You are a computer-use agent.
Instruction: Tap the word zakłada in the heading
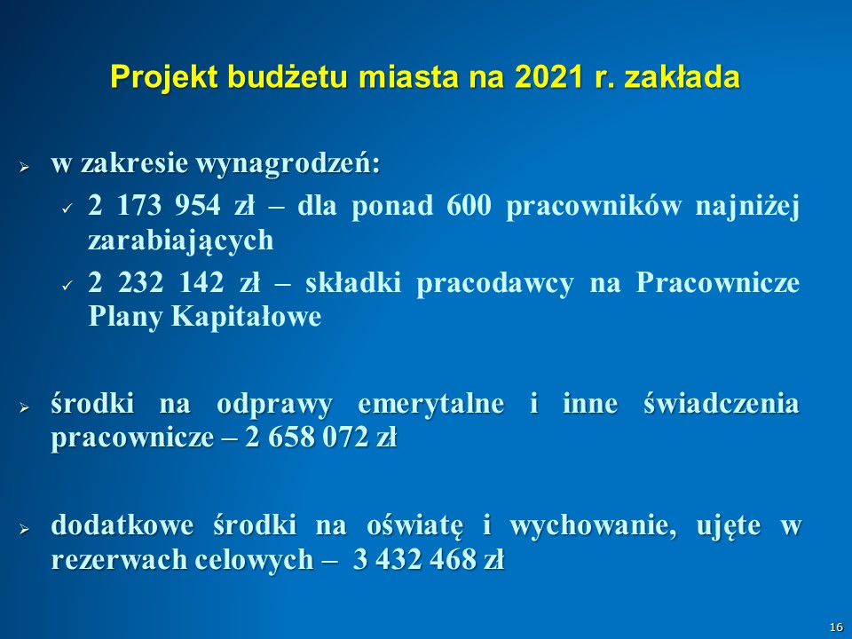(x=682, y=76)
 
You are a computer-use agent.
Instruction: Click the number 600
(x=469, y=205)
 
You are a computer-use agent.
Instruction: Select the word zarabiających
(x=180, y=241)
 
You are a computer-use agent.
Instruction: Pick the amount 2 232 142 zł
(x=174, y=282)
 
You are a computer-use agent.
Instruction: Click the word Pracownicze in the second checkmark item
(x=717, y=282)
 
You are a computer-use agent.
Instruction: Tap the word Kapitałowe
(x=246, y=317)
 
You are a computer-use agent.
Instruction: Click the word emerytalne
(x=431, y=404)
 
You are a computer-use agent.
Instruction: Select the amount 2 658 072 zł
(x=320, y=438)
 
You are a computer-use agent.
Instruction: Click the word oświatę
(x=415, y=525)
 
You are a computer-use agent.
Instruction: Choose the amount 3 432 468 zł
(x=429, y=559)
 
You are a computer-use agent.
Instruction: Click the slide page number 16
(x=836, y=627)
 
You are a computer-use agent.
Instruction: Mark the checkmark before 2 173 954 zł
(x=67, y=208)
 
